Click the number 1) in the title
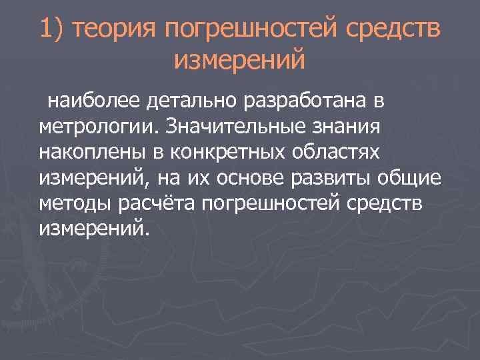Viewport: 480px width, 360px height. coord(51,29)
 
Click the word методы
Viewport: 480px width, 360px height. coord(71,203)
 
